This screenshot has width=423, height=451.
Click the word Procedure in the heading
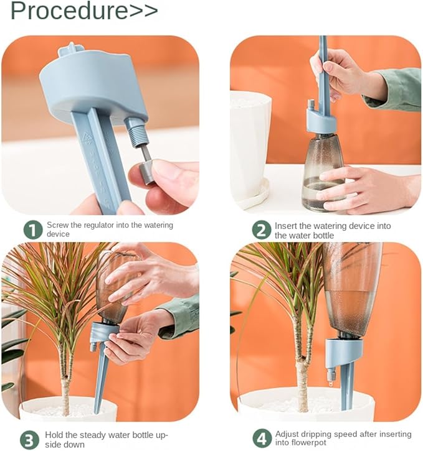(69, 11)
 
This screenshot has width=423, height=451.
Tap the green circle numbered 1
(33, 230)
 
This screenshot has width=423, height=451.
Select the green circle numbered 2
(262, 230)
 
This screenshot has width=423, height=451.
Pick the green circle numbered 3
(30, 440)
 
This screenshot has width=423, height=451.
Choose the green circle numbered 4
(262, 439)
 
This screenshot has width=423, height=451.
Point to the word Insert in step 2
(286, 226)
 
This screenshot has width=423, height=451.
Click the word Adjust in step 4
(287, 434)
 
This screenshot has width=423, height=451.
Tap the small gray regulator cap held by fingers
(146, 172)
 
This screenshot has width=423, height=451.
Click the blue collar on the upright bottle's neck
(321, 121)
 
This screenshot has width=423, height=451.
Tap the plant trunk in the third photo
(65, 383)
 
